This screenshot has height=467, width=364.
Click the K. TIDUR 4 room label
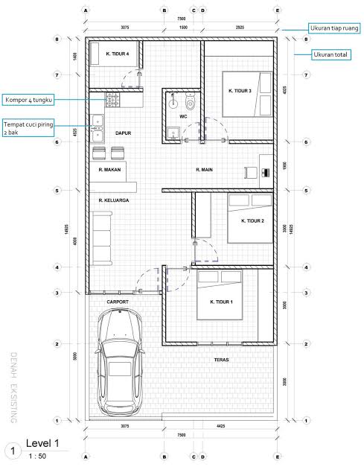tap(118, 54)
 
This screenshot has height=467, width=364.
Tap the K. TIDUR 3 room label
tap(240, 91)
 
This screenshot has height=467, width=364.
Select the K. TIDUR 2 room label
tap(253, 220)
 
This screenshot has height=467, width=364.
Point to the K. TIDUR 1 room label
tap(222, 302)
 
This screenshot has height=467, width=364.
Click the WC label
tap(182, 116)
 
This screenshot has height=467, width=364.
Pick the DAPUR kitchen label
tap(123, 133)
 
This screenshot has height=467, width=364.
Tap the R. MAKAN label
tap(109, 170)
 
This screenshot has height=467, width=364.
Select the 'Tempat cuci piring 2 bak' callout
tap(30, 128)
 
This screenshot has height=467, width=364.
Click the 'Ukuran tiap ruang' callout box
tap(334, 28)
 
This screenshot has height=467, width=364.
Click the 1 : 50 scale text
tap(36, 455)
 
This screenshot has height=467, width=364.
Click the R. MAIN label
tap(205, 170)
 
